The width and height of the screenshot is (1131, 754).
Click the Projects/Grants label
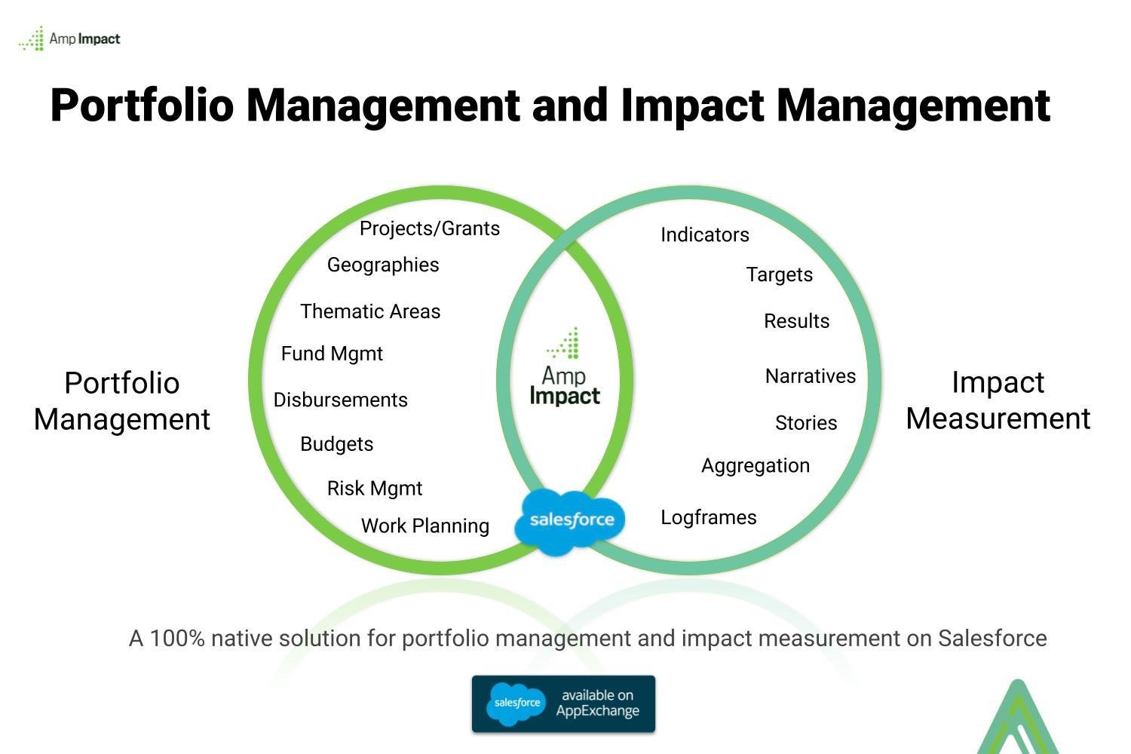click(430, 228)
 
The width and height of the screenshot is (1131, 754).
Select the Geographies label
click(383, 265)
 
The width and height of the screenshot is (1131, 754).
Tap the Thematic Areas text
click(370, 311)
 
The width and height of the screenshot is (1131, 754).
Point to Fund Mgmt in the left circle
click(332, 354)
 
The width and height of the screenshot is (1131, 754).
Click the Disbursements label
click(340, 400)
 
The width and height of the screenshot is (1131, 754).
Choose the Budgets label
click(337, 444)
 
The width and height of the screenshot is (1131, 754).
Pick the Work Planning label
click(425, 526)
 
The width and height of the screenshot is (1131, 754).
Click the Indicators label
click(705, 234)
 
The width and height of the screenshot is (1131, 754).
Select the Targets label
click(780, 275)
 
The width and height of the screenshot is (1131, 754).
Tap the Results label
click(797, 321)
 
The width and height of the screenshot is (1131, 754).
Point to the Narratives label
click(811, 376)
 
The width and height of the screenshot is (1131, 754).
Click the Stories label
click(806, 423)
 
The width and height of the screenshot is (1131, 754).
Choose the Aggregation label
click(756, 466)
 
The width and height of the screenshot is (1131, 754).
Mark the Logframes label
click(709, 518)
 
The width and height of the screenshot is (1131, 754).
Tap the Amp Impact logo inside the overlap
click(565, 366)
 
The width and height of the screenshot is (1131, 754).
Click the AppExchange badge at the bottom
click(563, 704)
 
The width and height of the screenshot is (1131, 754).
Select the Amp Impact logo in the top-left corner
click(69, 38)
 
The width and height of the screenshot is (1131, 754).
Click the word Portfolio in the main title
click(142, 106)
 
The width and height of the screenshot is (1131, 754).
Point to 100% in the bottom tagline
click(177, 639)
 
